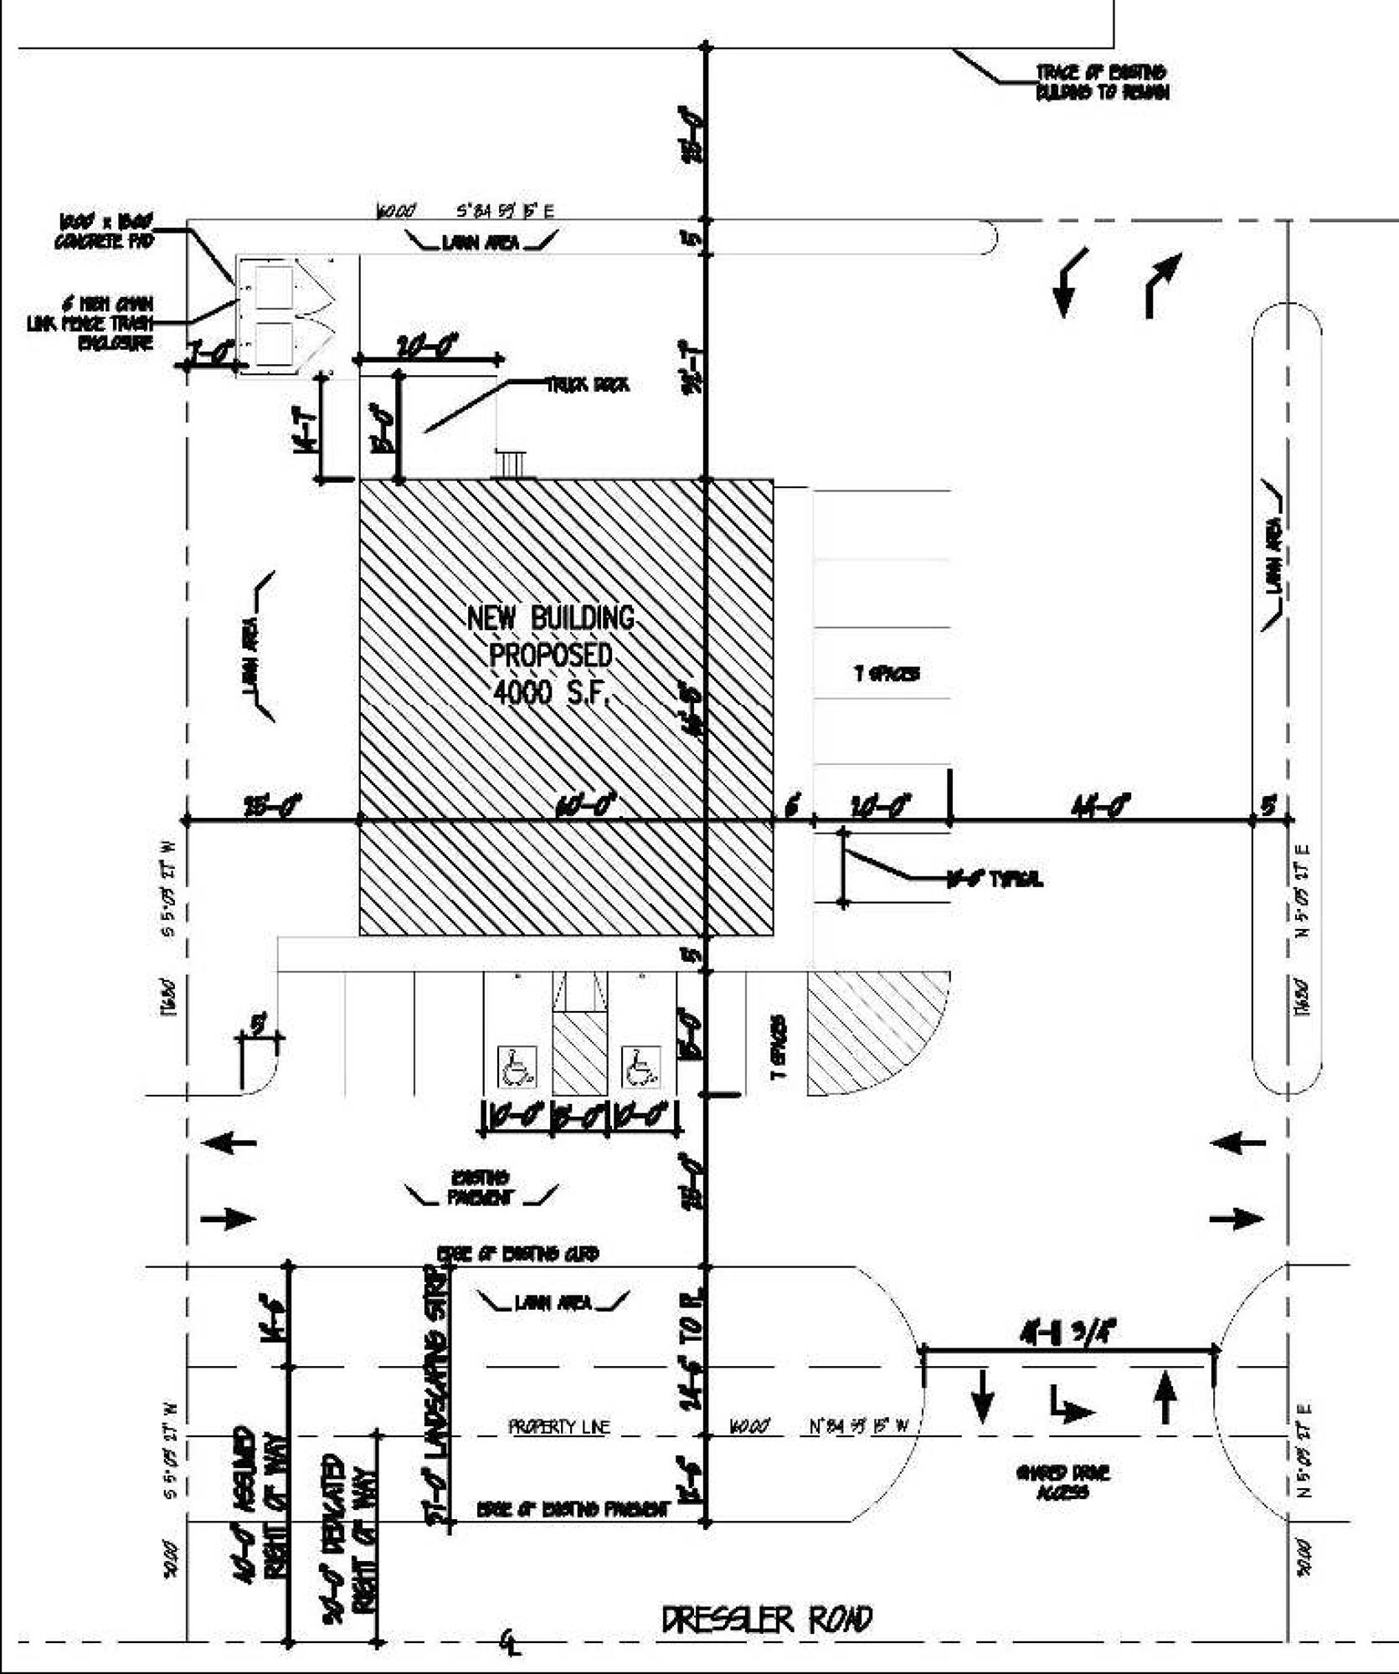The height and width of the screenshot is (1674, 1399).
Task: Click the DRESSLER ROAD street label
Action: point(766,1620)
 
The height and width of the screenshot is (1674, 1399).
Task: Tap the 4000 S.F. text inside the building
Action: point(548,693)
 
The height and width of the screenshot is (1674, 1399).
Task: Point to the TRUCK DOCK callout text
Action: point(588,385)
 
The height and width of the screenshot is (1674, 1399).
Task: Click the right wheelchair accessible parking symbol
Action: point(641,1067)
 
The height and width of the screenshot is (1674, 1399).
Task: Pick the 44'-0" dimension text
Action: point(1100,805)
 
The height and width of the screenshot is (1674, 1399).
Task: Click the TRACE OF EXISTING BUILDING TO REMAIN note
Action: point(1102,83)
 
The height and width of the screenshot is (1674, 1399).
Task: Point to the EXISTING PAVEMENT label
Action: point(480,1188)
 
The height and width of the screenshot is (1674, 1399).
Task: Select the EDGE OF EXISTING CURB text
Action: point(517,1254)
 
